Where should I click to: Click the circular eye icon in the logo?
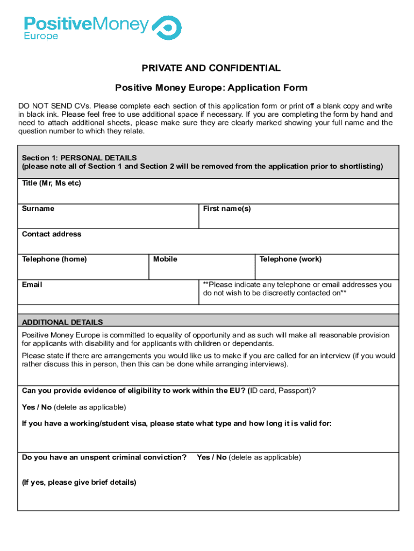tap(167, 27)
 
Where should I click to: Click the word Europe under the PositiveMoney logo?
tap(41, 37)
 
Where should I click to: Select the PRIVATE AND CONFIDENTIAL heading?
tap(211, 68)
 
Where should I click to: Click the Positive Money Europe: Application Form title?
tap(211, 88)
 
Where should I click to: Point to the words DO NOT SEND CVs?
tap(46, 106)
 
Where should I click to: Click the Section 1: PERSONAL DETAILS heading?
tap(79, 158)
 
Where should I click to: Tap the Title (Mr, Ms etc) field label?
tap(51, 183)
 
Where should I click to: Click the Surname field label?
tap(38, 209)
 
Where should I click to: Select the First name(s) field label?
tap(227, 209)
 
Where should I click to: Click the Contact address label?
tap(52, 234)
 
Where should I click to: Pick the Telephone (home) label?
tap(54, 259)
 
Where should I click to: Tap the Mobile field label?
tap(165, 259)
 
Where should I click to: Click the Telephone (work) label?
tap(290, 259)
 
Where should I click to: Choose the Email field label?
tap(32, 285)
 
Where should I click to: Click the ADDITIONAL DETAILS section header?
tap(62, 322)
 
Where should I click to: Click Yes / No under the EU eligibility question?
tap(37, 407)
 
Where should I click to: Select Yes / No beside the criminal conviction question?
tap(211, 457)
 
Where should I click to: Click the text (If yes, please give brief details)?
tap(79, 483)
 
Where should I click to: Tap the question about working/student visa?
tap(176, 424)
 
